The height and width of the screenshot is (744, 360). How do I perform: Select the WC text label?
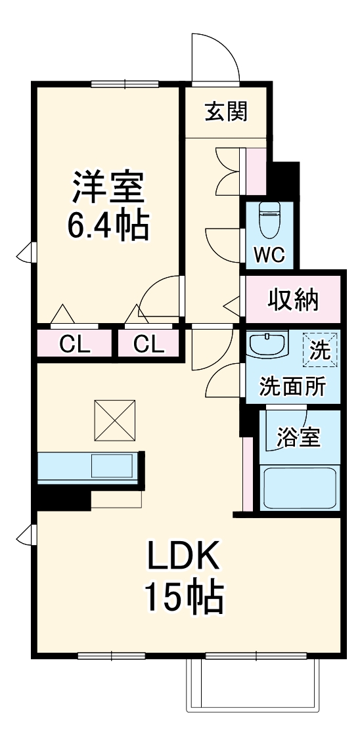click(x=269, y=255)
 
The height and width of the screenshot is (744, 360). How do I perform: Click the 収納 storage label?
click(x=293, y=299)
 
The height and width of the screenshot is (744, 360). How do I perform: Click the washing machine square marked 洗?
click(x=319, y=349)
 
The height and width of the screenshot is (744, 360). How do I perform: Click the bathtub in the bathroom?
click(x=300, y=487)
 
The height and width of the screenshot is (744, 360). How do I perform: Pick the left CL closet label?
click(x=75, y=343)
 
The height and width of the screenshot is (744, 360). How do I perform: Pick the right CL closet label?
click(x=149, y=343)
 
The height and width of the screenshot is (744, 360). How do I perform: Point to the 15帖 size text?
click(x=183, y=596)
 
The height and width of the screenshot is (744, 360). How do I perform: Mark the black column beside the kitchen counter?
click(x=62, y=498)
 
